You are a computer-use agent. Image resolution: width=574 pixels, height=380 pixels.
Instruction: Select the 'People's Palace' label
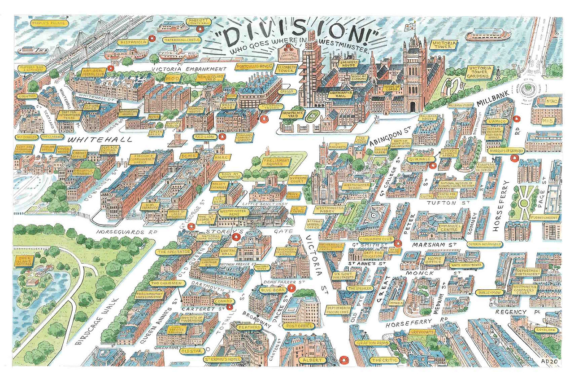(x=48, y=22)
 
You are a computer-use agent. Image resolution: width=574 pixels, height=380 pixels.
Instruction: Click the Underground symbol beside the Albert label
(x=344, y=360)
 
